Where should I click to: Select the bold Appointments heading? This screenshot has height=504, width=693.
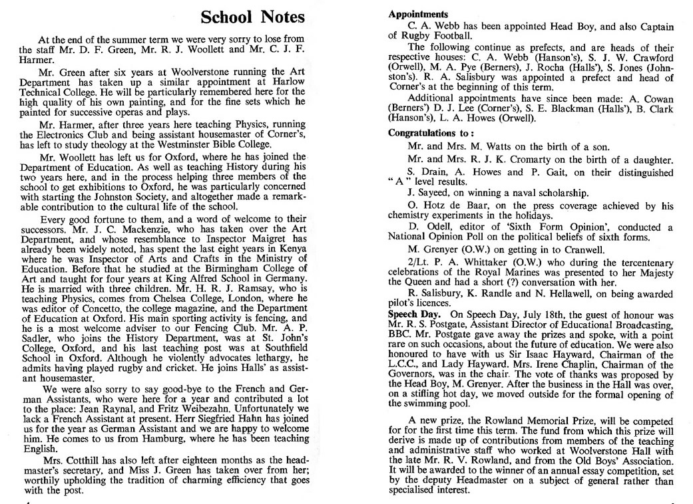click(x=418, y=14)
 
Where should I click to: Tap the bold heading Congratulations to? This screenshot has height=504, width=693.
click(x=431, y=132)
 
